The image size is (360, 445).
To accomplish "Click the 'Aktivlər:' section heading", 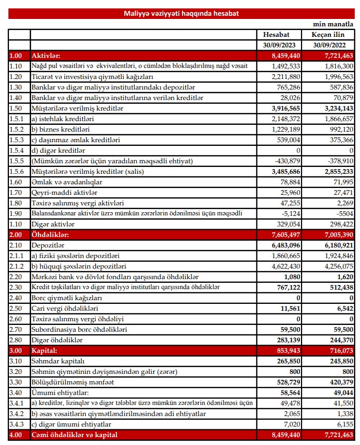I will tap(46, 55).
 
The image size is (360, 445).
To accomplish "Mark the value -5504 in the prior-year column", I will tap(341, 213).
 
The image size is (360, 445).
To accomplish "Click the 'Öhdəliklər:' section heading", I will tap(51, 234).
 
